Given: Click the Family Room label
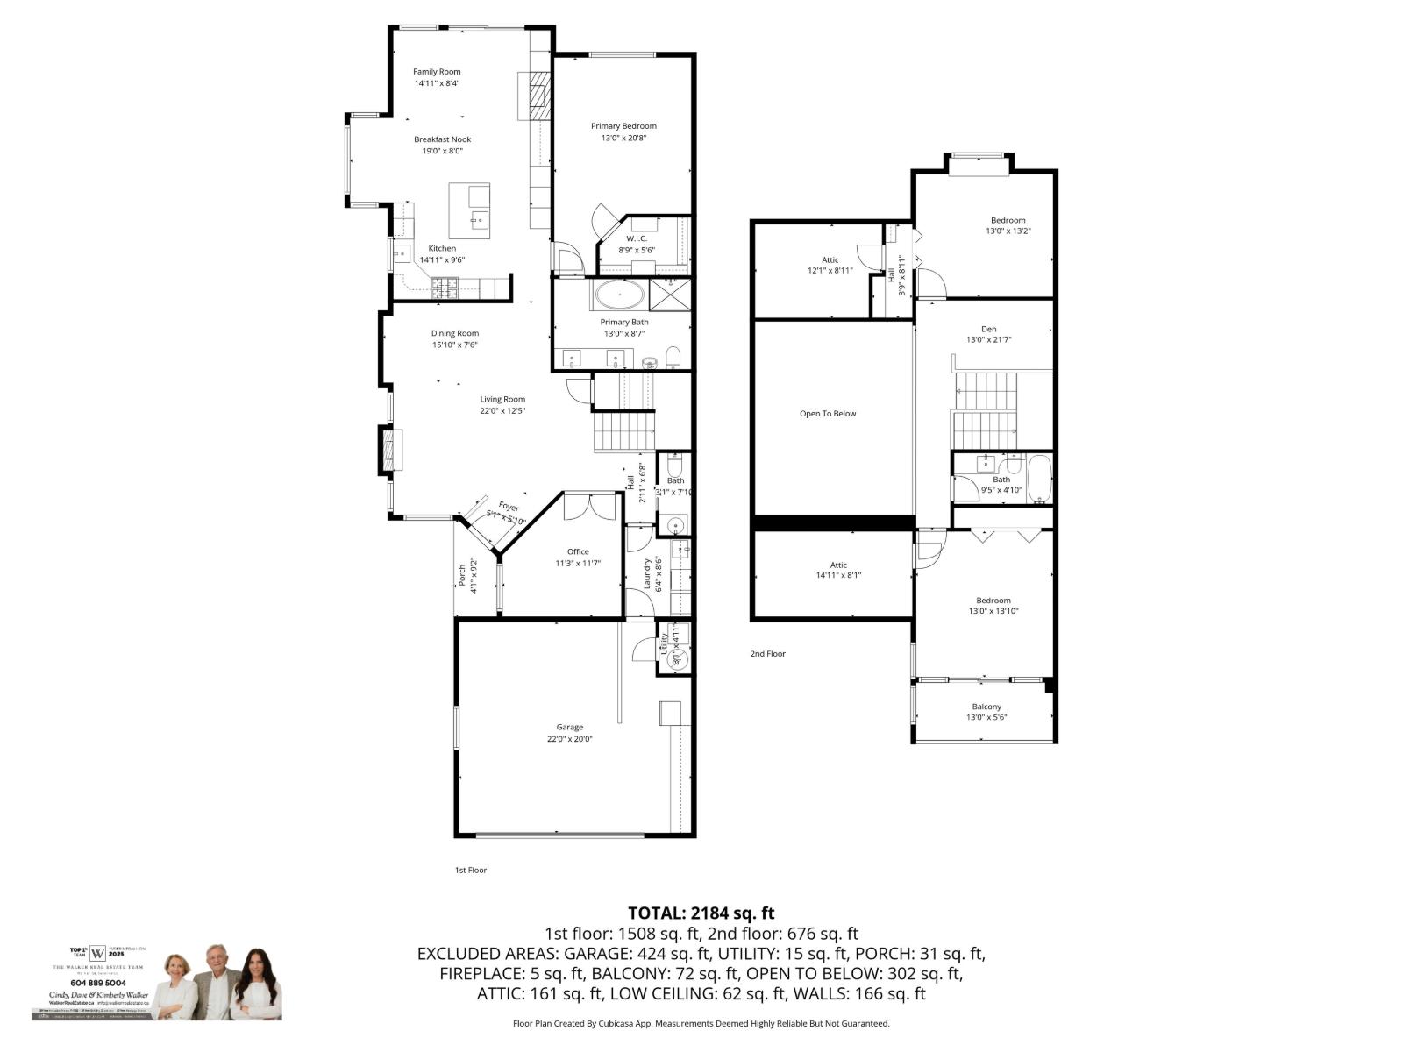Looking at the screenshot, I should (437, 72).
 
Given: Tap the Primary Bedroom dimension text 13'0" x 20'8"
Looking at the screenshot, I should (623, 138).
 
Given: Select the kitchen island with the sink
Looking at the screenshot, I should (470, 210).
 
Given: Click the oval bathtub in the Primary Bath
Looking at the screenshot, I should (620, 295).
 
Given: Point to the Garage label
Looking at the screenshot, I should (569, 727).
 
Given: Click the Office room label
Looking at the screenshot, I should (578, 551).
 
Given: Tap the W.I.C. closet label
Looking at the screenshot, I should (637, 238).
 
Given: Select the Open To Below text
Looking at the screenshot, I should (828, 414).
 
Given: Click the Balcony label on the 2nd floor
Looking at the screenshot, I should (986, 707).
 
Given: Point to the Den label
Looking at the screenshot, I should (988, 329).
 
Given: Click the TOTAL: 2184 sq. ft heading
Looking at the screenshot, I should (701, 913).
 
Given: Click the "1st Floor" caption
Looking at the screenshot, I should (470, 871).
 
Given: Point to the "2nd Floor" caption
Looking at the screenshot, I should (767, 654).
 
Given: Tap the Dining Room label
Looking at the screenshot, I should (455, 333).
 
